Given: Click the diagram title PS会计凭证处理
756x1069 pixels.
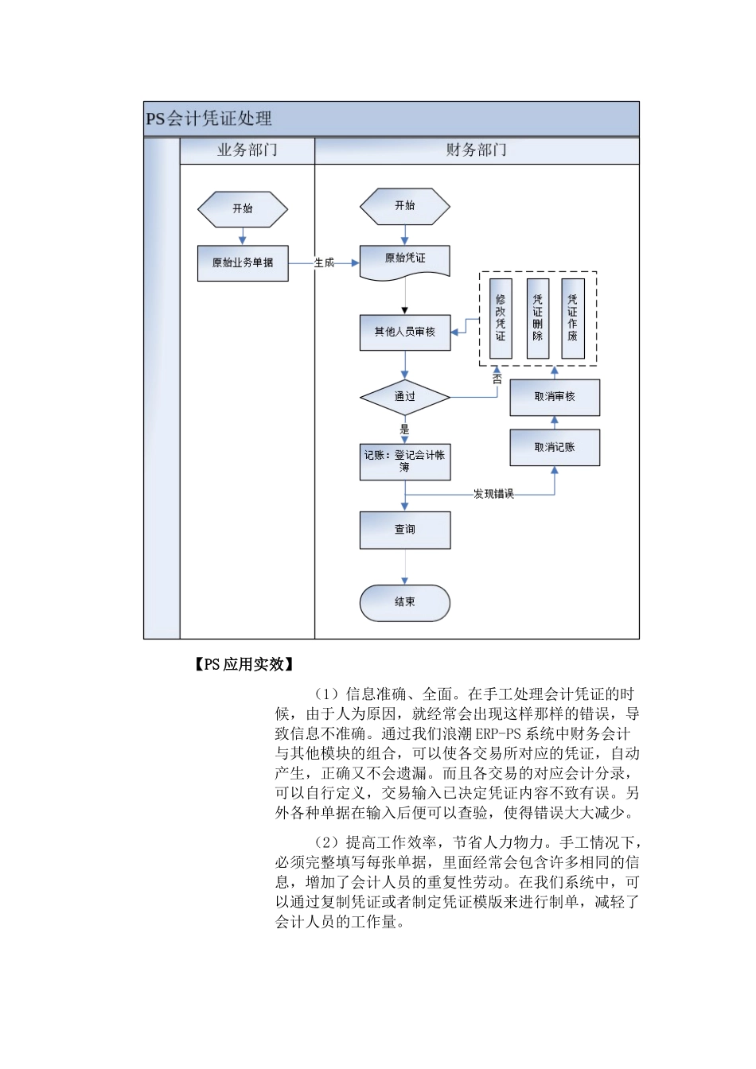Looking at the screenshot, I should click(x=208, y=119).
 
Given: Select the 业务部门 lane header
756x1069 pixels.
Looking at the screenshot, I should click(x=247, y=150).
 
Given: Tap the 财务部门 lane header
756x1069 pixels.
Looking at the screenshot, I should click(x=476, y=150).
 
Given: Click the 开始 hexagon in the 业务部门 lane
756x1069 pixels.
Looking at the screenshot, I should click(x=243, y=209).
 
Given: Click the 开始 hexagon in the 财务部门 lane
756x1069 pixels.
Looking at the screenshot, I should click(x=405, y=206).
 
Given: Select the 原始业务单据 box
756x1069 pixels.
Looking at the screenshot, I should click(x=243, y=263).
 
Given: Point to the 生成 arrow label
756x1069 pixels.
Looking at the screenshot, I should click(x=324, y=263).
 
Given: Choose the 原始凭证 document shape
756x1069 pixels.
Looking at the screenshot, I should click(x=405, y=260).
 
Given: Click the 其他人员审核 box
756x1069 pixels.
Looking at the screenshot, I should click(x=405, y=332).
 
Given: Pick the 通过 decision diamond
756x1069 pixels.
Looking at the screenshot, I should click(x=405, y=397).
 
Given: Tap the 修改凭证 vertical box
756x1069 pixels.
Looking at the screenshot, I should click(x=501, y=318).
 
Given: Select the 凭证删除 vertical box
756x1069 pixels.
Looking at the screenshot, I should click(x=538, y=318).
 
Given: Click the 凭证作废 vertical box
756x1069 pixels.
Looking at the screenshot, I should click(x=573, y=318).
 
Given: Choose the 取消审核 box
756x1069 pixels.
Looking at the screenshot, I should click(x=555, y=397).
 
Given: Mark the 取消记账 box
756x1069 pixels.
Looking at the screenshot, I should click(x=555, y=448).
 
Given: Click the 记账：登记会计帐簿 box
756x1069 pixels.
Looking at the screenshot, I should click(x=405, y=462).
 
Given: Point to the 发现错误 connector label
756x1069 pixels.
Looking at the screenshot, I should click(x=493, y=495).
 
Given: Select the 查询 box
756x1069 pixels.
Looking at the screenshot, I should click(x=405, y=530).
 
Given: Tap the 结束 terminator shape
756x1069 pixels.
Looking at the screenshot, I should click(x=405, y=603).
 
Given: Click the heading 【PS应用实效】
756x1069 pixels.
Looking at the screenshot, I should click(x=244, y=665).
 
